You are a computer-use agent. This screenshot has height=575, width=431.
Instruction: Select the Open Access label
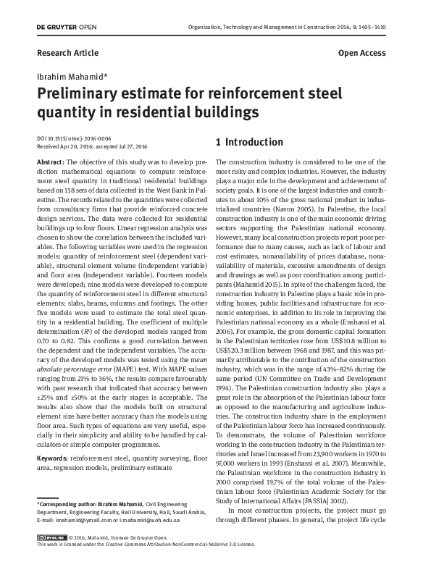pos(362,54)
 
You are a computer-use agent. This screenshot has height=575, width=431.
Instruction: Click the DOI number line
pos(73,137)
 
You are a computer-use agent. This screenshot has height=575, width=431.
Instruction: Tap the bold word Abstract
pos(50,161)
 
